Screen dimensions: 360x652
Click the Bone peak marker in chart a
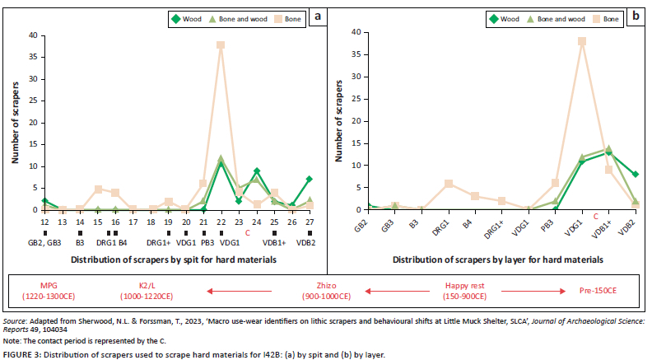pyautogui.click(x=221, y=45)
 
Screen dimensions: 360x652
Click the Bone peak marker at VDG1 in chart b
pyautogui.click(x=581, y=41)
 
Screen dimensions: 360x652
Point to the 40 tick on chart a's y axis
pyautogui.click(x=32, y=35)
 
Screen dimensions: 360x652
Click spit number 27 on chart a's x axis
pyautogui.click(x=309, y=222)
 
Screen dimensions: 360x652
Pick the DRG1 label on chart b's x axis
pyautogui.click(x=446, y=226)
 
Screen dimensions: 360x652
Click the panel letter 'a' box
pyautogui.click(x=314, y=16)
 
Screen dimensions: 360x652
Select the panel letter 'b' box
pyautogui.click(x=635, y=16)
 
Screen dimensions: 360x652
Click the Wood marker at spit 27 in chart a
pyautogui.click(x=309, y=179)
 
